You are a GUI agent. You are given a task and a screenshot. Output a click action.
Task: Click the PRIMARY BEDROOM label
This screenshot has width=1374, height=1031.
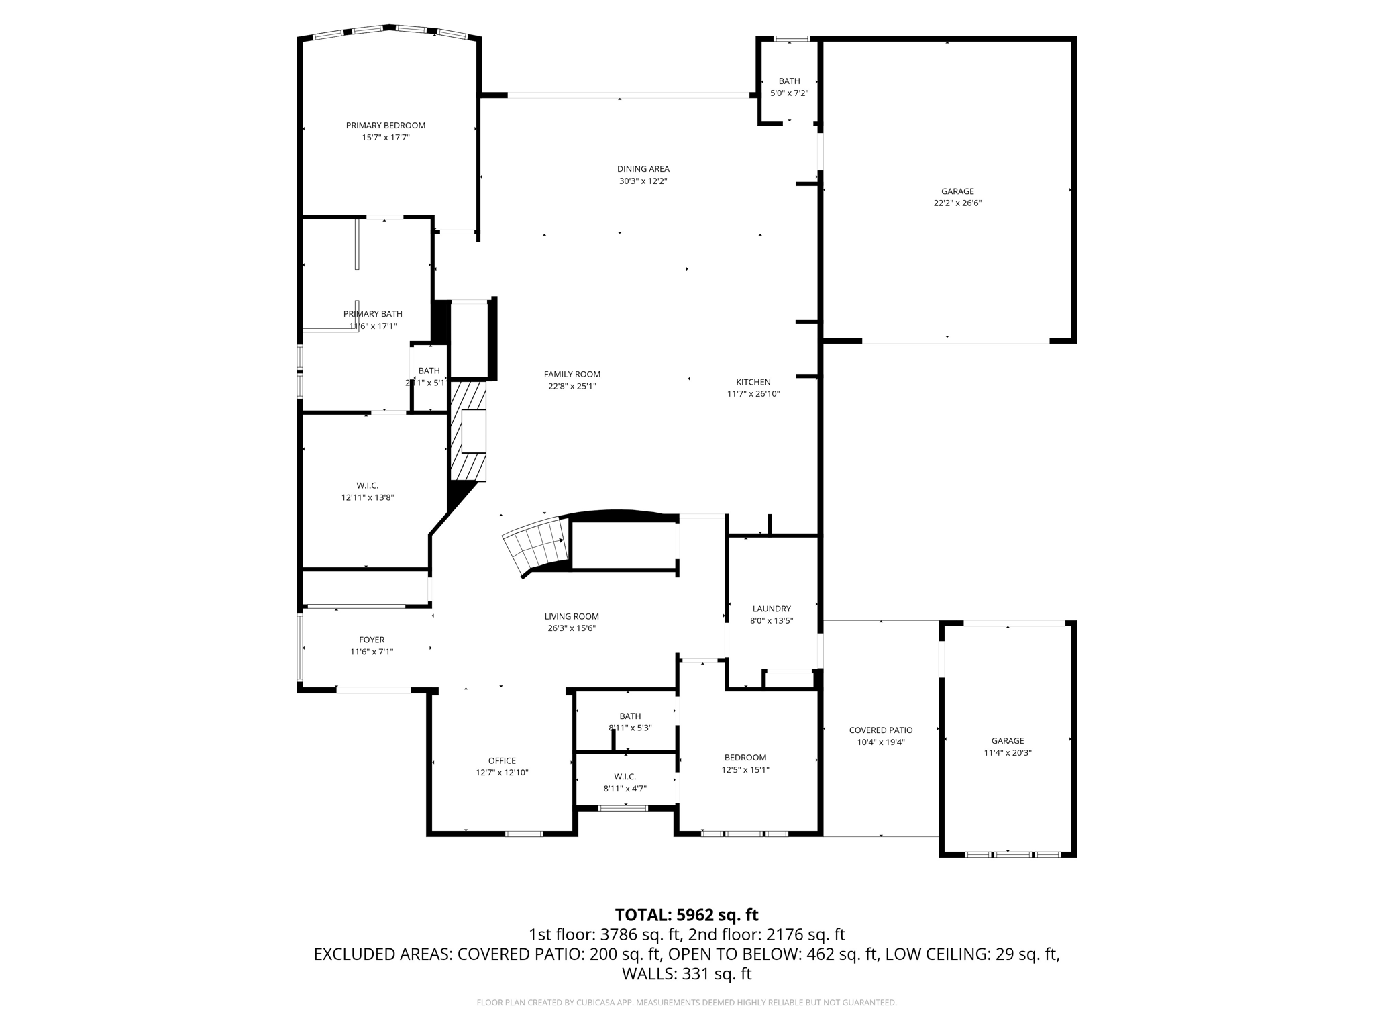tap(385, 126)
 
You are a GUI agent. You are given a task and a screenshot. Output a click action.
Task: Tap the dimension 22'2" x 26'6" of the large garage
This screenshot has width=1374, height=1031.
tap(957, 203)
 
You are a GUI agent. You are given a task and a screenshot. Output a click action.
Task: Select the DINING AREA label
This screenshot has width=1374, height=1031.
tap(643, 169)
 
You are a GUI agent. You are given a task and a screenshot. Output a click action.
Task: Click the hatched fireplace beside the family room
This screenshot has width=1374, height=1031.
tap(468, 431)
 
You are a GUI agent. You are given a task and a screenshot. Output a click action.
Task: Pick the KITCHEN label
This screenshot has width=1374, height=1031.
tap(753, 382)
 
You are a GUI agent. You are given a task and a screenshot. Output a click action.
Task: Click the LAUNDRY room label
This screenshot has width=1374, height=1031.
tap(772, 609)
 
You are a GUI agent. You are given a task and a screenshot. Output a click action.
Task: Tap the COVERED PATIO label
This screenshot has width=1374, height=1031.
tap(880, 730)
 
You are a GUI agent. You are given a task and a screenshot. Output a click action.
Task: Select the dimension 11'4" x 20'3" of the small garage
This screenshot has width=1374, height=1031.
tap(1007, 753)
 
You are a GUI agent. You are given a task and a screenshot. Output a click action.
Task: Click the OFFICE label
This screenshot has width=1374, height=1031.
tap(502, 760)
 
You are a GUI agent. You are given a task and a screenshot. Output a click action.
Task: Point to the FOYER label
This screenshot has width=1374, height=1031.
tap(372, 640)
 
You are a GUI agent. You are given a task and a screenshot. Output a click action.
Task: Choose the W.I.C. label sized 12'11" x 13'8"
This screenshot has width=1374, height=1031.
tap(367, 485)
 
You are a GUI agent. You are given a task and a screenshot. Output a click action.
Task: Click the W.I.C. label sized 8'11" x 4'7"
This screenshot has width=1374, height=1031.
tap(625, 777)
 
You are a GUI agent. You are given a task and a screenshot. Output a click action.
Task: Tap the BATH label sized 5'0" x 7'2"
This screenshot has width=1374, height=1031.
tap(789, 81)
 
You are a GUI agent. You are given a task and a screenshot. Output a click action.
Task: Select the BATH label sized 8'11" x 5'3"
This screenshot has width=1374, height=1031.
tap(630, 716)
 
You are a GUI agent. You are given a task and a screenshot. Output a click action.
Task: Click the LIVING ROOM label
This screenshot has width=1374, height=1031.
tap(572, 616)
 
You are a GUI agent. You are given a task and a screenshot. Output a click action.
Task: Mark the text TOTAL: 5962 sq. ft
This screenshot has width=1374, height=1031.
tap(686, 915)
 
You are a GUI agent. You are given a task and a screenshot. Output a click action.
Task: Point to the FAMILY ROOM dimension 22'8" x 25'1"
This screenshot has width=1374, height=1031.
tap(572, 386)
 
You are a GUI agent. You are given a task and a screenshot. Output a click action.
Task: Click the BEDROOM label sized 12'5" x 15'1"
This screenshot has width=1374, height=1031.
tap(745, 758)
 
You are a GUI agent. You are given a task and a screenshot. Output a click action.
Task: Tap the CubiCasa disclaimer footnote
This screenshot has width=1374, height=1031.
tap(686, 1003)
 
